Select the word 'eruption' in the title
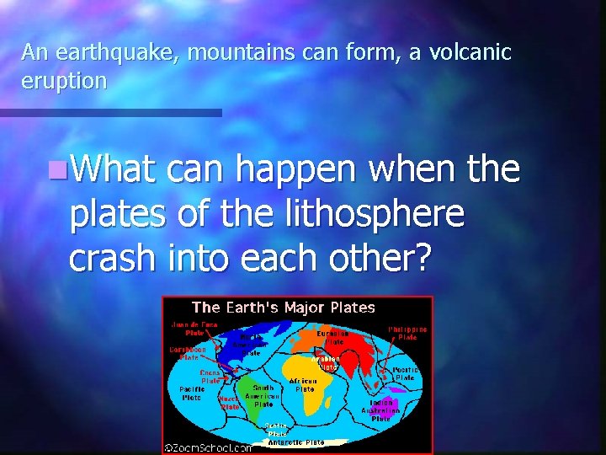pyautogui.click(x=64, y=82)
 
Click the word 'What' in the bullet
pyautogui.click(x=114, y=170)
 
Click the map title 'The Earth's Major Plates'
pyautogui.click(x=284, y=308)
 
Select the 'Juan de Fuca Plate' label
pyautogui.click(x=194, y=329)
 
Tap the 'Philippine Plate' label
pyautogui.click(x=407, y=333)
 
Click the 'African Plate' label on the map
pyautogui.click(x=303, y=385)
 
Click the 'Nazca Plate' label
pyautogui.click(x=229, y=401)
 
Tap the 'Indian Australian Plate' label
pyautogui.click(x=380, y=409)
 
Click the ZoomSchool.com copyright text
pyautogui.click(x=207, y=448)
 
